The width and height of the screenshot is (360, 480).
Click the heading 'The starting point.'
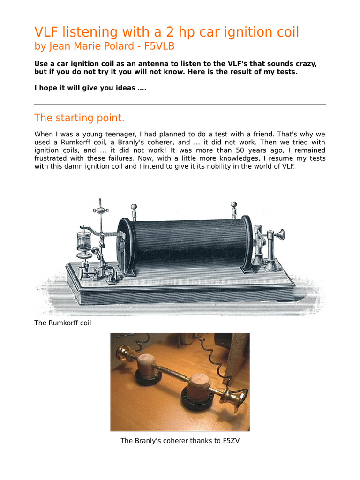coord(80,118)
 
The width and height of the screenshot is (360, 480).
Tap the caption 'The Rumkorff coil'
coord(63,322)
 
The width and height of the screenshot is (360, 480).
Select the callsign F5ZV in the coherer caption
coord(230,441)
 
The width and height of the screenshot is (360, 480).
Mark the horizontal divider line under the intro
coord(180,104)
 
